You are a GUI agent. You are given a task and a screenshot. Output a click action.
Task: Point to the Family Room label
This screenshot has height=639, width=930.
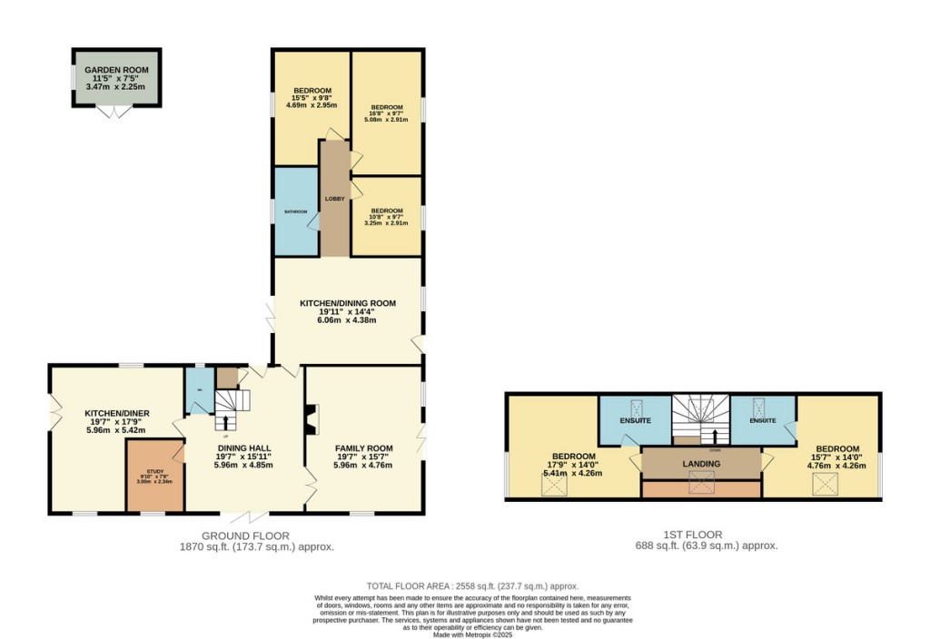pos(363,448)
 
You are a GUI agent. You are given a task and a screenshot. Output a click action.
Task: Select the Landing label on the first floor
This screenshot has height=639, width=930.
pos(701,464)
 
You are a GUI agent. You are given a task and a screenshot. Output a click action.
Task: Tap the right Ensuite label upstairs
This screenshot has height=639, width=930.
pos(763,421)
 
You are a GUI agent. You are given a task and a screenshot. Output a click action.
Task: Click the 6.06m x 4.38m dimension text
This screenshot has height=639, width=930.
pos(345,319)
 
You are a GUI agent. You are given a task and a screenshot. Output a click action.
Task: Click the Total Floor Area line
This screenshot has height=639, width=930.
pos(471,586)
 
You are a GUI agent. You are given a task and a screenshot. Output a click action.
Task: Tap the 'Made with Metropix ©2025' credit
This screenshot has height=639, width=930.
pos(472,634)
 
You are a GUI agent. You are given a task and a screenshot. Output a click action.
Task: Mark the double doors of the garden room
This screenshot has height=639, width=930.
pos(115,112)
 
